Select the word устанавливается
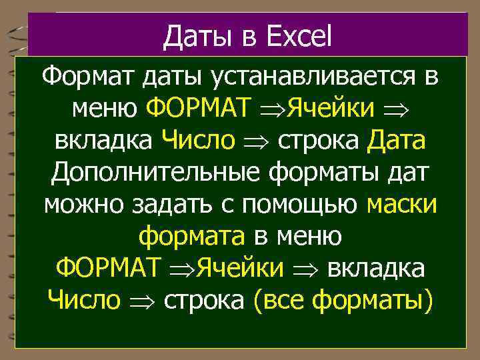(317, 76)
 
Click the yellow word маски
(402, 205)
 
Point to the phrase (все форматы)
(343, 301)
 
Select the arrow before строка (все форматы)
(141, 302)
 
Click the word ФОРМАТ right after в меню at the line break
(108, 269)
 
